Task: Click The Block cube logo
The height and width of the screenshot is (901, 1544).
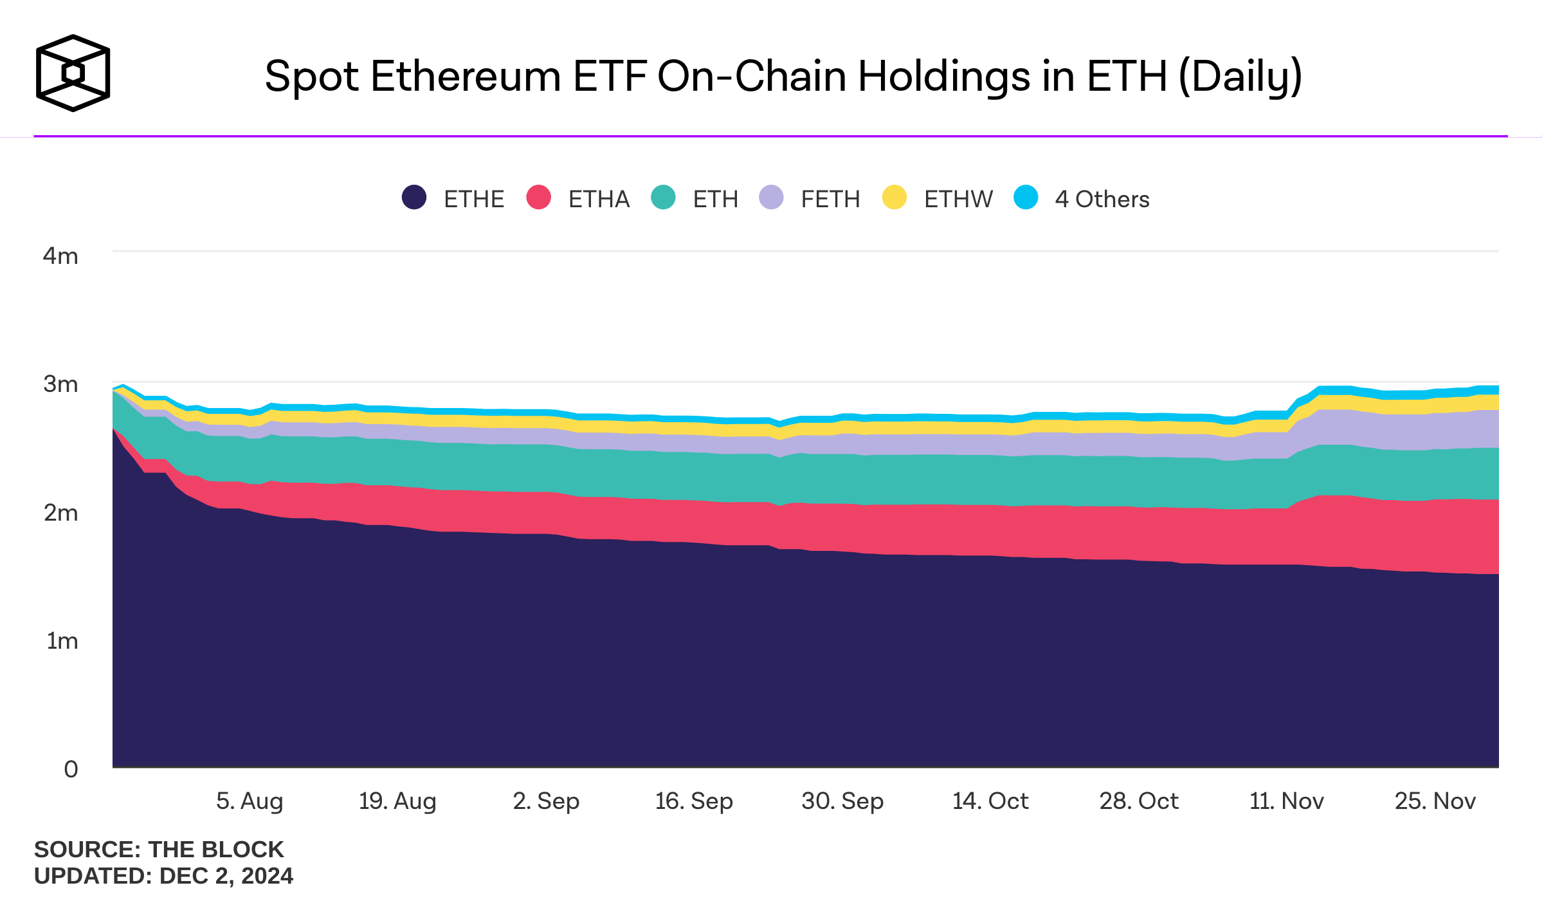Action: click(x=73, y=73)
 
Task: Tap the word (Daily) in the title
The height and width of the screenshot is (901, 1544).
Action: click(x=1240, y=76)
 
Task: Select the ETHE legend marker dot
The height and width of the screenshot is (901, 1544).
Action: click(x=414, y=198)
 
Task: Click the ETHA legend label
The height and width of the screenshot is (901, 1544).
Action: click(x=599, y=200)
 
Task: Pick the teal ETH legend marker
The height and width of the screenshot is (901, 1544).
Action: click(x=663, y=198)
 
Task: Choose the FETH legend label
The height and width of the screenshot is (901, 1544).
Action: click(x=830, y=200)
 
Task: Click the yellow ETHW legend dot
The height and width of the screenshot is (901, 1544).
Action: click(x=894, y=198)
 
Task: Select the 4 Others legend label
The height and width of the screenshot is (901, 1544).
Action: click(x=1102, y=200)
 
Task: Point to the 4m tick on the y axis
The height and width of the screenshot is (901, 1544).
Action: click(x=60, y=256)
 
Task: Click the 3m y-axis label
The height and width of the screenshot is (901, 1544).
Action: click(x=60, y=384)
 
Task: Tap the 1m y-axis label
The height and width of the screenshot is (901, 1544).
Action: click(x=62, y=641)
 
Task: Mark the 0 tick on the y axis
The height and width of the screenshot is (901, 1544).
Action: click(x=71, y=769)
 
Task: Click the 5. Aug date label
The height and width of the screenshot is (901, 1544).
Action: click(x=250, y=801)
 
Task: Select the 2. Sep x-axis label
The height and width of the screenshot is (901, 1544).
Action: click(x=546, y=801)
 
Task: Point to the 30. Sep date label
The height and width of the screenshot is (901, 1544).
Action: click(x=842, y=801)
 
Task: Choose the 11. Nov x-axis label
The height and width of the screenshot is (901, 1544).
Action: click(x=1286, y=801)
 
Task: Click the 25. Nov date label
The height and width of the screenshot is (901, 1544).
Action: click(x=1435, y=801)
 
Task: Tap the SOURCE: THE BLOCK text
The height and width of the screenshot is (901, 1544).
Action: click(x=159, y=850)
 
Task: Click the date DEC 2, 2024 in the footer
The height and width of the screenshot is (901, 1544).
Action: click(x=226, y=877)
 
